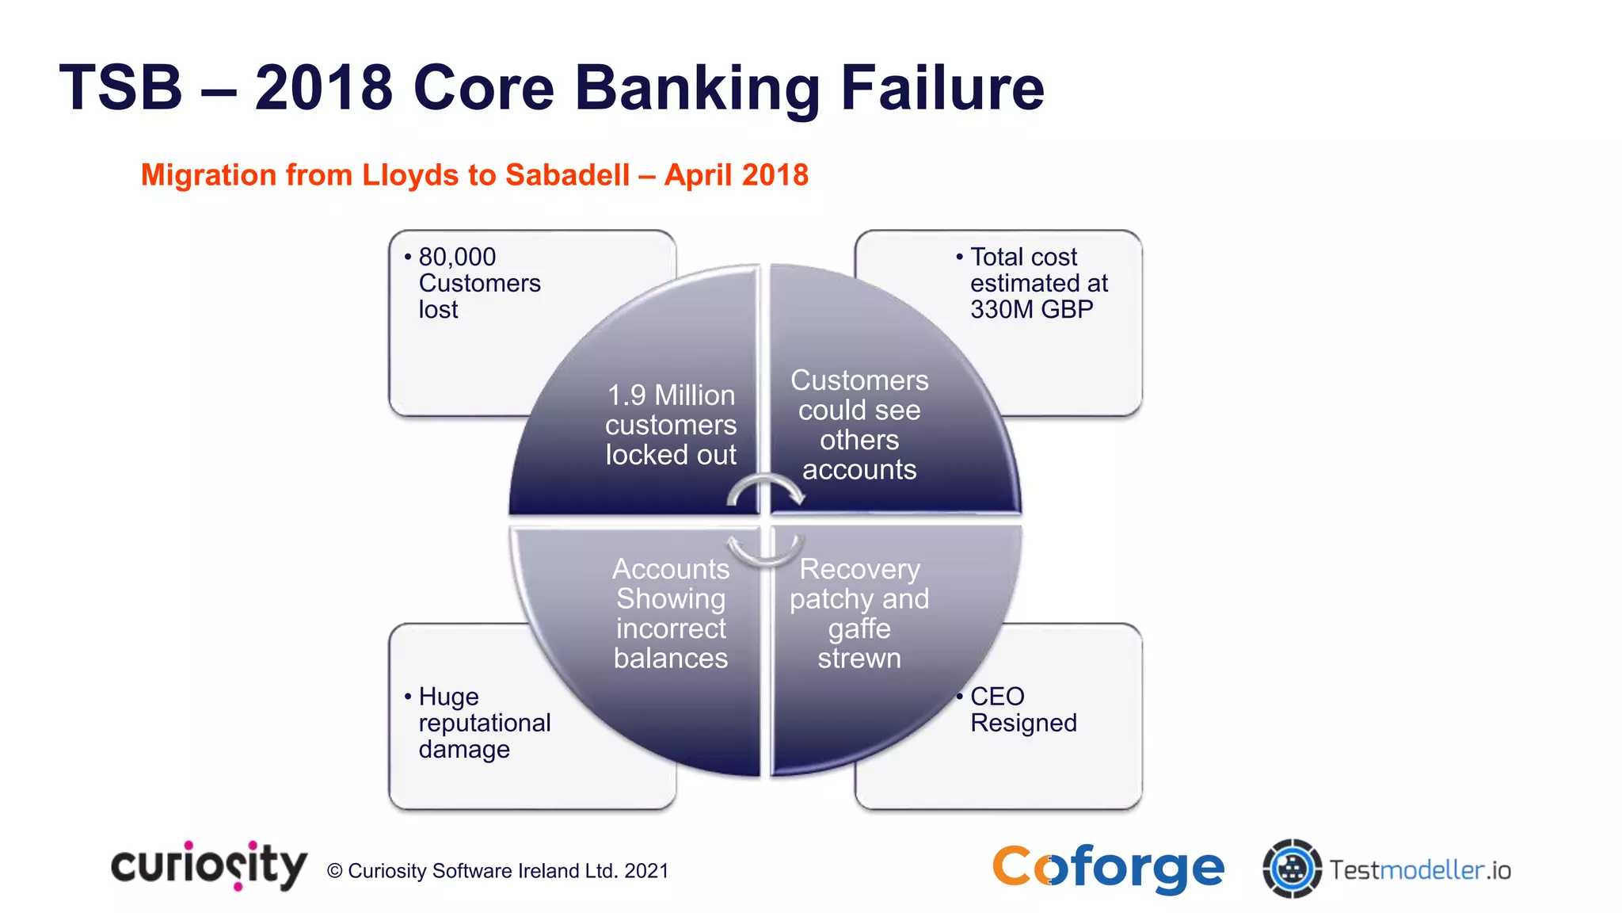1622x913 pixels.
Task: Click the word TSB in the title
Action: (x=120, y=87)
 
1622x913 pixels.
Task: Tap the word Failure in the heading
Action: (x=942, y=87)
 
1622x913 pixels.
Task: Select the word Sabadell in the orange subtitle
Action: (x=567, y=175)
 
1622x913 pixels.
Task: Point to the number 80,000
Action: (x=457, y=257)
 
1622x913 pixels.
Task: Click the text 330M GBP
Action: (x=1031, y=309)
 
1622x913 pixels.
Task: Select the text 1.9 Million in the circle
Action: (x=671, y=395)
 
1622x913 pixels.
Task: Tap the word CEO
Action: (x=997, y=697)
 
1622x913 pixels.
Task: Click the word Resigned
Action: (x=1023, y=723)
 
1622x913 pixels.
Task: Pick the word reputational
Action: (x=484, y=723)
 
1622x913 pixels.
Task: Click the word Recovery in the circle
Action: (x=859, y=569)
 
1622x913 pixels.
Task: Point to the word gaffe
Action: (x=859, y=628)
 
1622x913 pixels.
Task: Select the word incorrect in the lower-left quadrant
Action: (x=671, y=628)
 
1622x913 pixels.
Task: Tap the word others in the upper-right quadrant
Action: (x=859, y=440)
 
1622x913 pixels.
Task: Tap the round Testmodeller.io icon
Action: (x=1292, y=869)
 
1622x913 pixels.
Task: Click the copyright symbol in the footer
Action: (x=335, y=871)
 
